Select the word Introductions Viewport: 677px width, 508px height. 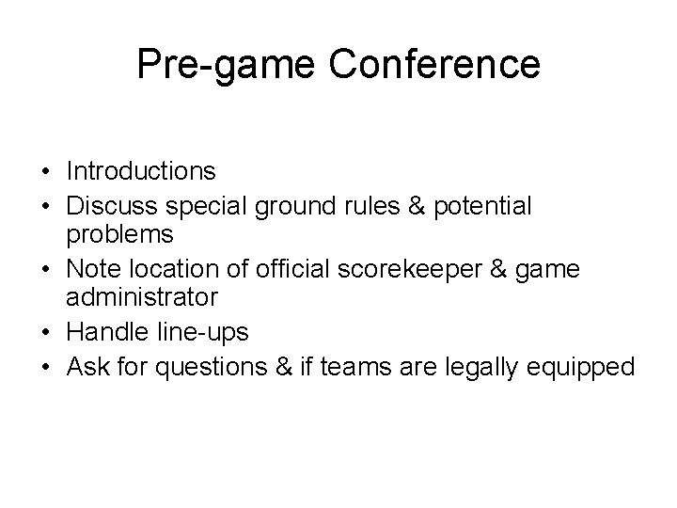(141, 171)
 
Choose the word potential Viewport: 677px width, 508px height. (481, 205)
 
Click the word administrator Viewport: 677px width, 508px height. (142, 297)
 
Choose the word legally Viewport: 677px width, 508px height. (495, 367)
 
